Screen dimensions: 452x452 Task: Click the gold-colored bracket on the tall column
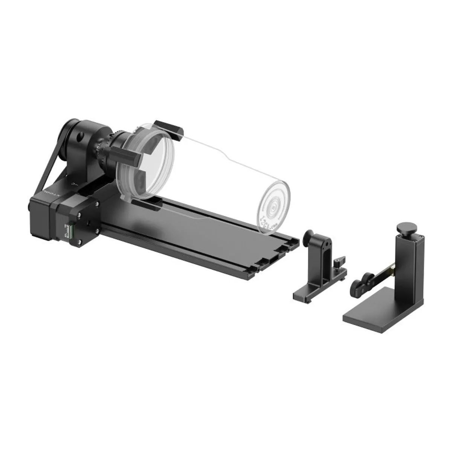[x=390, y=269]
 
